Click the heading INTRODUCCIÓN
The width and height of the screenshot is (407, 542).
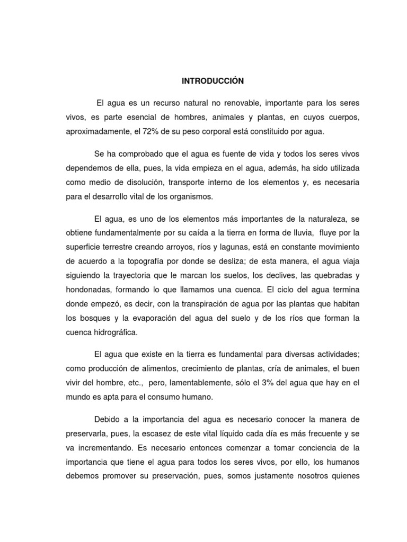pos(213,82)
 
